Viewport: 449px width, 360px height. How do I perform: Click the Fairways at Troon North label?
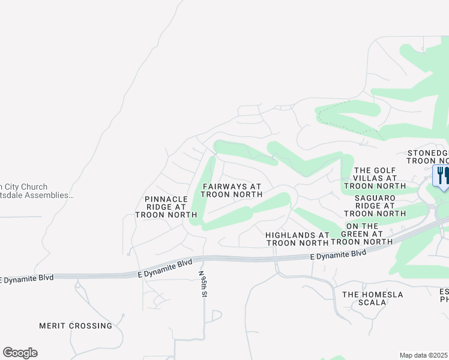pyautogui.click(x=232, y=191)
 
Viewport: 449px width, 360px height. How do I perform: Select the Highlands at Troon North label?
pyautogui.click(x=298, y=239)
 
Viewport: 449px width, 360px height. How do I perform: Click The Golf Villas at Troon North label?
pyautogui.click(x=376, y=178)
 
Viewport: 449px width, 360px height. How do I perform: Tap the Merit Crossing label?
pyautogui.click(x=76, y=326)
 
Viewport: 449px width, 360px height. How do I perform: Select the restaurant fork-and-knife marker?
pyautogui.click(x=441, y=176)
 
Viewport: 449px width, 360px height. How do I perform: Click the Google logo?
pyautogui.click(x=20, y=353)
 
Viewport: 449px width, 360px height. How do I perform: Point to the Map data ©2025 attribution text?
pyautogui.click(x=424, y=355)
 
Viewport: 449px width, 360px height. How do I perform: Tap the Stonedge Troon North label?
pyautogui.click(x=428, y=157)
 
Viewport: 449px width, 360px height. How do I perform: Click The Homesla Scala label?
pyautogui.click(x=372, y=298)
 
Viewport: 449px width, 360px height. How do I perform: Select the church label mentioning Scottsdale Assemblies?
pyautogui.click(x=36, y=191)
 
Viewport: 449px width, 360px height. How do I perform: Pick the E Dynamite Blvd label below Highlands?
pyautogui.click(x=339, y=254)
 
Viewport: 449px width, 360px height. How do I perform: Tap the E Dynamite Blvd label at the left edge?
pyautogui.click(x=27, y=278)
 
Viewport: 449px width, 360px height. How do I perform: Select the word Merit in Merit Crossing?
pyautogui.click(x=52, y=326)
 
